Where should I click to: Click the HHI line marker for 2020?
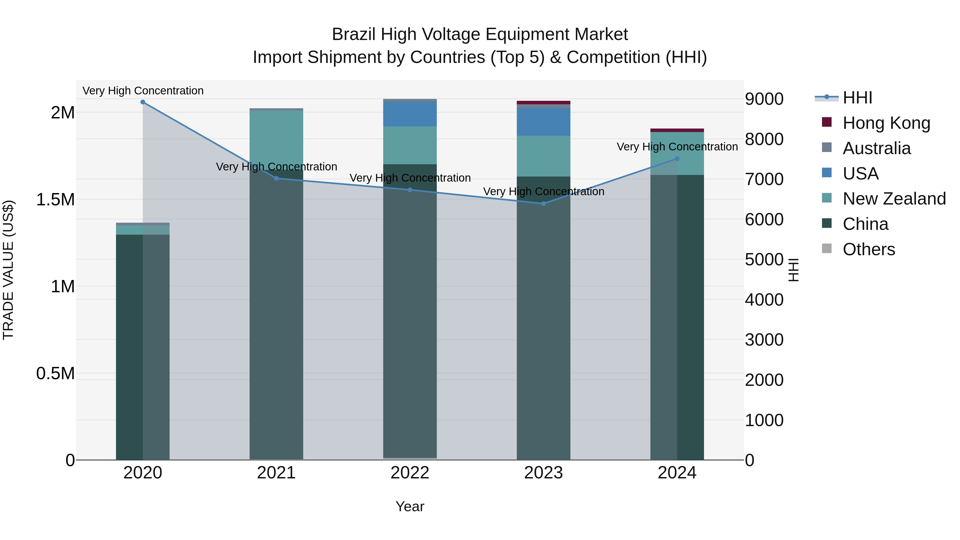coord(143,102)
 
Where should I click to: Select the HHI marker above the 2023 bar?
coord(543,203)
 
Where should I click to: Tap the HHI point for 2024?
coord(677,159)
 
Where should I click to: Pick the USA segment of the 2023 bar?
coord(543,122)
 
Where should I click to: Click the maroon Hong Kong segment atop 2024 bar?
coord(677,130)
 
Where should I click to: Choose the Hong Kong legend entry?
coord(886,123)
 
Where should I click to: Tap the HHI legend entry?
coord(857,98)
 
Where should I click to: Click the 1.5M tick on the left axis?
coord(55,200)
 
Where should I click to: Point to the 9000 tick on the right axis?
coord(764,99)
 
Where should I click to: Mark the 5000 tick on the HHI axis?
coord(764,260)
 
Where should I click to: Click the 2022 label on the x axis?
coord(410,473)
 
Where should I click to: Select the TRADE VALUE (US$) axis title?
coord(8,270)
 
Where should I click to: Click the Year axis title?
coord(410,506)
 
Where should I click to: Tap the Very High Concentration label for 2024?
coord(677,147)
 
